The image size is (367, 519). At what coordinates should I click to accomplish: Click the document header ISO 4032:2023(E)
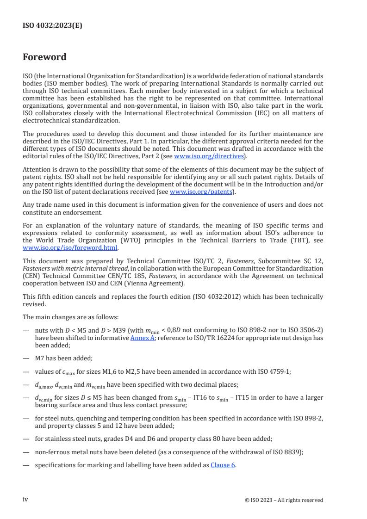click(52, 26)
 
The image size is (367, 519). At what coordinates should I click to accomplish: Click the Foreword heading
click(45, 57)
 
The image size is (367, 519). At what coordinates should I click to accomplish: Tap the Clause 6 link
click(223, 465)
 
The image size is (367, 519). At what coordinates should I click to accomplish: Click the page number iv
click(25, 500)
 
